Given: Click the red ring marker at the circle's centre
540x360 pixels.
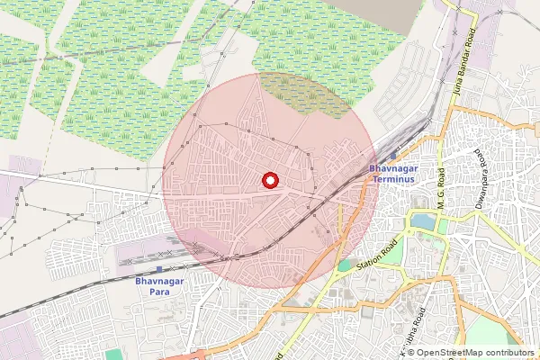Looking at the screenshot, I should pyautogui.click(x=269, y=179).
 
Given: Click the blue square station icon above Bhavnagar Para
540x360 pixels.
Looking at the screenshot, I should pyautogui.click(x=159, y=269).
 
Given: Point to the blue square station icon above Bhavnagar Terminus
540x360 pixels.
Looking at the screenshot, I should pyautogui.click(x=392, y=156).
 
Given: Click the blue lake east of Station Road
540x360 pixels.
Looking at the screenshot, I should pyautogui.click(x=420, y=220).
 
